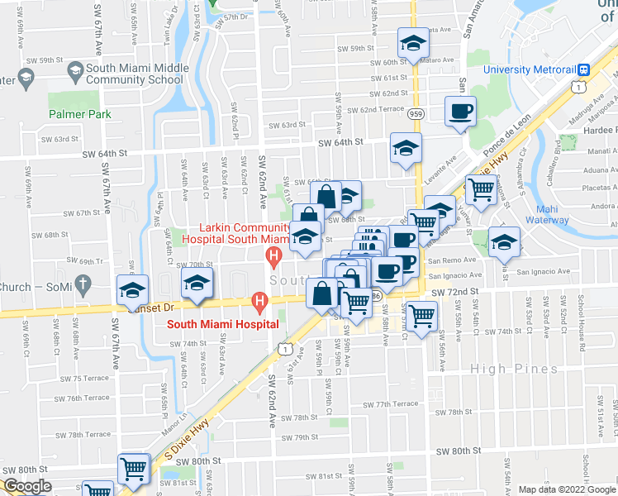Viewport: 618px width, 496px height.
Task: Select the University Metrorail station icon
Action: (583, 69)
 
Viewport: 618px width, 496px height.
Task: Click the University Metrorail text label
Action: (530, 69)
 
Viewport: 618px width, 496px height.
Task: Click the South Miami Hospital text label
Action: (222, 325)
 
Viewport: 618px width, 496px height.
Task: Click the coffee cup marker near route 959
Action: (460, 111)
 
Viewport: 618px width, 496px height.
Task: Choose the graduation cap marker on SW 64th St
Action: (406, 148)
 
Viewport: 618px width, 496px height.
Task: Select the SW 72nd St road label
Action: (458, 293)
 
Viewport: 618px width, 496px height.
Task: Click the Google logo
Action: (27, 487)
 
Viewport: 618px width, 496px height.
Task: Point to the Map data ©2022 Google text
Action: (567, 489)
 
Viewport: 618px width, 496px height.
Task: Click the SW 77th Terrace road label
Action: (391, 404)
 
